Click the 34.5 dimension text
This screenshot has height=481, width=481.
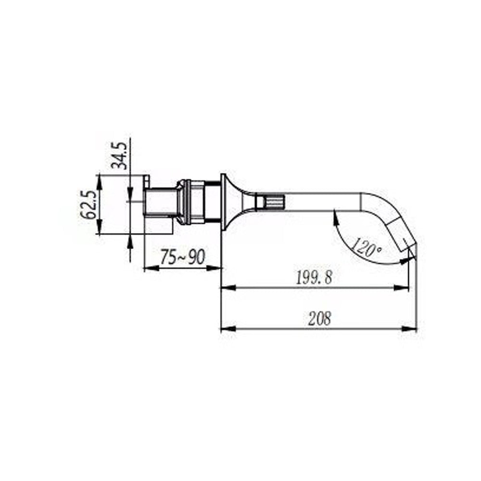pyautogui.click(x=119, y=156)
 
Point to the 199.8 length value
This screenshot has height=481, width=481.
pyautogui.click(x=314, y=278)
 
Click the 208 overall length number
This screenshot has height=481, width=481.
pyautogui.click(x=319, y=319)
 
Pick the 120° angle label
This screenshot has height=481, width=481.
pyautogui.click(x=366, y=249)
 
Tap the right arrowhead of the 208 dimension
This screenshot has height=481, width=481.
pyautogui.click(x=410, y=329)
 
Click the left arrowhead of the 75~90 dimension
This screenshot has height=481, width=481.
pyautogui.click(x=150, y=268)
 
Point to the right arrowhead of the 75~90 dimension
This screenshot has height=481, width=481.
pyautogui.click(x=215, y=268)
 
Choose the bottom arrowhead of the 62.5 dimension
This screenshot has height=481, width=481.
pyautogui.click(x=99, y=229)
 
